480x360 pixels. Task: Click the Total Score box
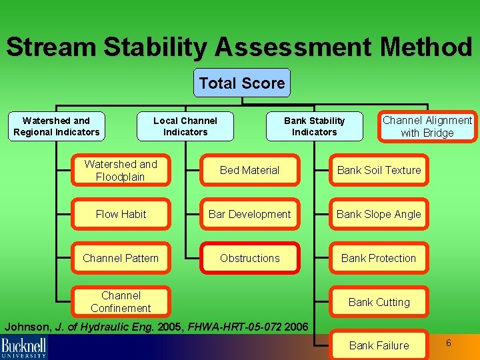[x=241, y=83]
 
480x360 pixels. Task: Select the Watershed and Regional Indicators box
[x=56, y=127]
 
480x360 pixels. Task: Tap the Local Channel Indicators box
[x=185, y=127]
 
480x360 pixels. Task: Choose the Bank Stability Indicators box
[x=314, y=127]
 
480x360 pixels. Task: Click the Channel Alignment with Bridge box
[x=427, y=127]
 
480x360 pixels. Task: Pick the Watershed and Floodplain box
[x=121, y=170]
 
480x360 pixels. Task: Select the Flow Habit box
[x=121, y=214]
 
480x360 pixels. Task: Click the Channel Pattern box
[x=121, y=258]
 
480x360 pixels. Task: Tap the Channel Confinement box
[x=121, y=301]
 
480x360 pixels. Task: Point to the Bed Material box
[x=250, y=170]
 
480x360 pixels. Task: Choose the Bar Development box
[x=250, y=214]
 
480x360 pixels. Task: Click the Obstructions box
[x=250, y=258]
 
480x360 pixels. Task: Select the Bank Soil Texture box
[x=379, y=170]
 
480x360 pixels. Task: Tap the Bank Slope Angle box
[x=379, y=214]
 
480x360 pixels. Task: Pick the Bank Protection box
[x=379, y=258]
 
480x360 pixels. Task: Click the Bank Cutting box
[x=379, y=302]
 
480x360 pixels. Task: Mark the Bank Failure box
[x=379, y=345]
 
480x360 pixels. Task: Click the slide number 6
[x=449, y=343]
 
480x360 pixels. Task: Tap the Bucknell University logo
[x=24, y=347]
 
